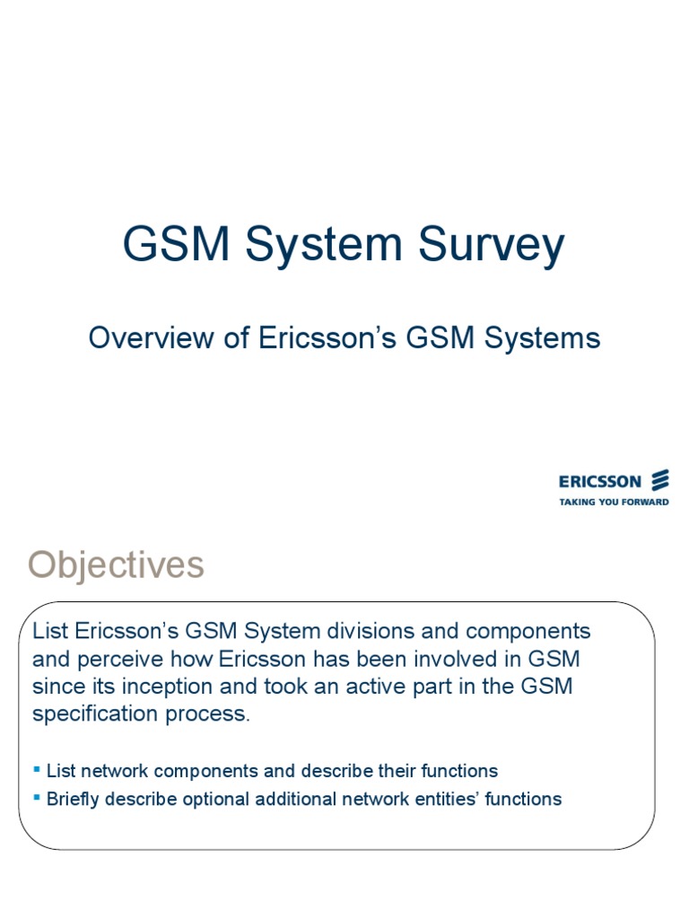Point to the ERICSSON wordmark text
pos(600,482)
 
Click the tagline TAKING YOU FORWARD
pos(614,502)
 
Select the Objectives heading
pos(116,565)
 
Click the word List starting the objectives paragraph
pos(50,631)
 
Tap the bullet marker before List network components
pos(37,770)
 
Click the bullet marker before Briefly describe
pos(37,798)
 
